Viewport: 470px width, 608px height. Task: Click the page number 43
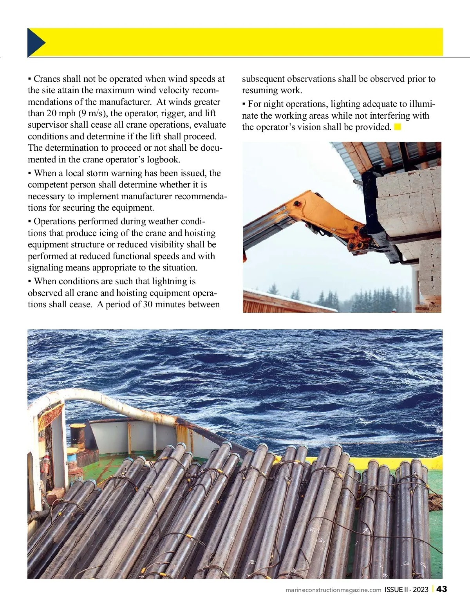click(441, 589)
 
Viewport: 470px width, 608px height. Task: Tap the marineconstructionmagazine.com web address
click(333, 590)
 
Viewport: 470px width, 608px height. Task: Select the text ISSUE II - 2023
click(406, 590)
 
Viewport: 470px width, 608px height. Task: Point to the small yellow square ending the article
click(398, 127)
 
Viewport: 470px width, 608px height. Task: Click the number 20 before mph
click(52, 114)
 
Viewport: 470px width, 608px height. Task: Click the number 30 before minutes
click(148, 305)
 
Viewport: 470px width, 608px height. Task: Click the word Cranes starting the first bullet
click(47, 79)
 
